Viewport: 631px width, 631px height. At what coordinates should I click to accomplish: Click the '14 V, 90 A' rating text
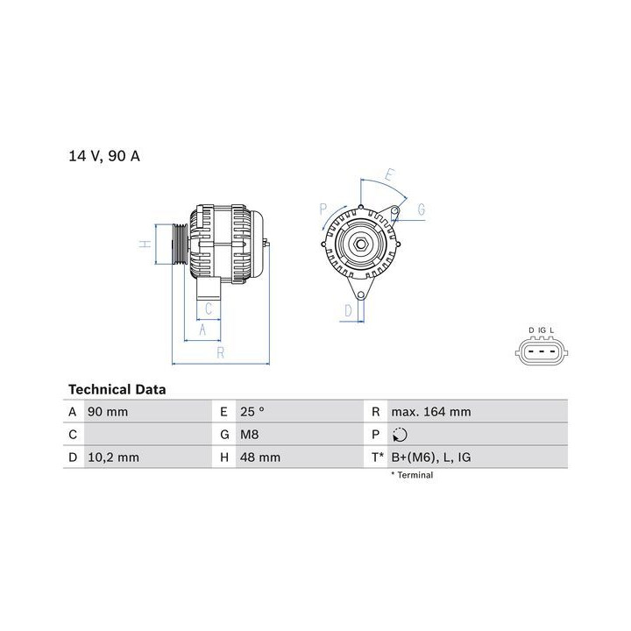click(104, 156)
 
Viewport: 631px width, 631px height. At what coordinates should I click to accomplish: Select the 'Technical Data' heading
click(117, 389)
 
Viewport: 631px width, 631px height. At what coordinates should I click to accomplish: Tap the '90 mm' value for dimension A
click(108, 412)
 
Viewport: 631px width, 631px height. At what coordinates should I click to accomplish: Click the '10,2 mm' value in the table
click(113, 457)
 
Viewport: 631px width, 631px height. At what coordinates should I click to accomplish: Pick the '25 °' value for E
click(252, 412)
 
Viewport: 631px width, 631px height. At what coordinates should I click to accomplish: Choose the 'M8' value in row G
click(250, 435)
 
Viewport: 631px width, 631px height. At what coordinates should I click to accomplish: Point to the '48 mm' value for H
click(260, 457)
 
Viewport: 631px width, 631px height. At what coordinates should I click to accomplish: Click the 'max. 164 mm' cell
click(431, 412)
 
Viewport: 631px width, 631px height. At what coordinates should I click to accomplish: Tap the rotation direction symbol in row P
click(400, 435)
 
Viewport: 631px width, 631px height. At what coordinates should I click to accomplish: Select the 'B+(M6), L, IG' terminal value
click(431, 457)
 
